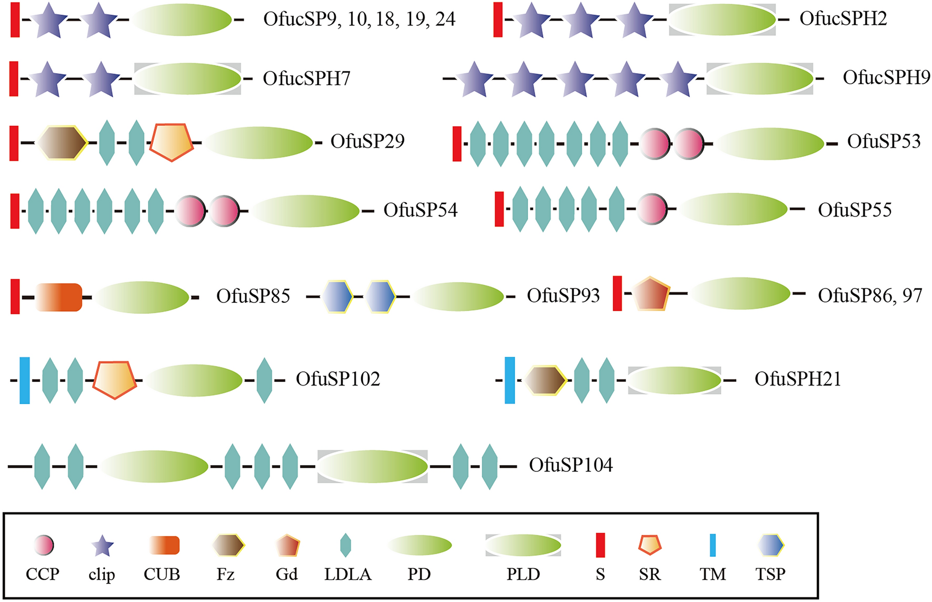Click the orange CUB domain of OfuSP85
(x=59, y=298)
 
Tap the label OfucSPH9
(x=886, y=77)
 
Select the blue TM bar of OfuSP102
(x=25, y=380)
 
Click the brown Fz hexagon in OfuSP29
(x=62, y=143)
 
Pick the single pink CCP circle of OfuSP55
(x=652, y=210)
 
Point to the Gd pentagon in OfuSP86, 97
(x=651, y=294)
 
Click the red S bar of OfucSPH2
(x=498, y=19)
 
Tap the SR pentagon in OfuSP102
(x=115, y=379)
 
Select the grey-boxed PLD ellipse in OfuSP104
(x=372, y=466)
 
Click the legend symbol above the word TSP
(x=771, y=545)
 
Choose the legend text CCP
(x=42, y=574)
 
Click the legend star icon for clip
(x=102, y=546)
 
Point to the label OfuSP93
(x=563, y=295)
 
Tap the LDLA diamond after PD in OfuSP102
(x=264, y=380)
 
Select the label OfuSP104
(x=571, y=465)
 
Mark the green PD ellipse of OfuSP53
(x=770, y=143)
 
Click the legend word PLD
(x=523, y=574)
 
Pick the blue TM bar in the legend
(x=712, y=545)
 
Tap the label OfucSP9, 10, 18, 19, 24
(x=359, y=19)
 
